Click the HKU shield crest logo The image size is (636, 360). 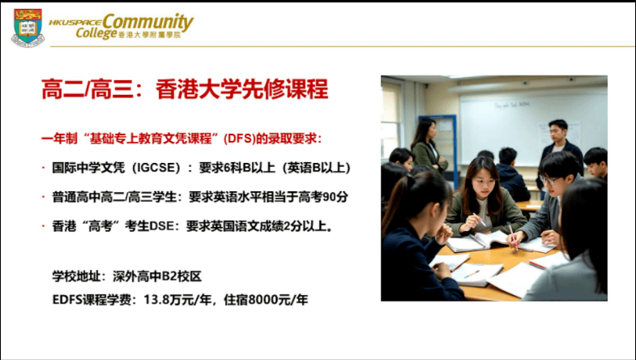28,28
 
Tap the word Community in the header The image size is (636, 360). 147,23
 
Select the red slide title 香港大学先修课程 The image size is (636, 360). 241,89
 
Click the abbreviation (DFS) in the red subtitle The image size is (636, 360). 239,139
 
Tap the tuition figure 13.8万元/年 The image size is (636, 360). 177,300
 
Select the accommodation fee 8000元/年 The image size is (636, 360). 277,300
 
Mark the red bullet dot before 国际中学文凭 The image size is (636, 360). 44,168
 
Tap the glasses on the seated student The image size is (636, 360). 549,180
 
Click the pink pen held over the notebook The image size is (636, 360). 513,237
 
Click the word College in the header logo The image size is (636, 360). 96,33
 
